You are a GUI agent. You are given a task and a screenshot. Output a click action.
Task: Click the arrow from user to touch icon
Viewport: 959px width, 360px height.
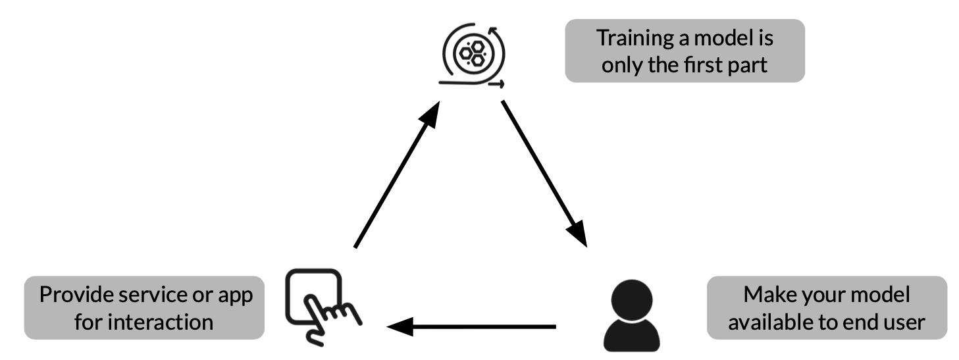[x=471, y=326]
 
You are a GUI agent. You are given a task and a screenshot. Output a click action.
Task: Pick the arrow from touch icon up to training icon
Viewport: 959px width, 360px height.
[x=396, y=175]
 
